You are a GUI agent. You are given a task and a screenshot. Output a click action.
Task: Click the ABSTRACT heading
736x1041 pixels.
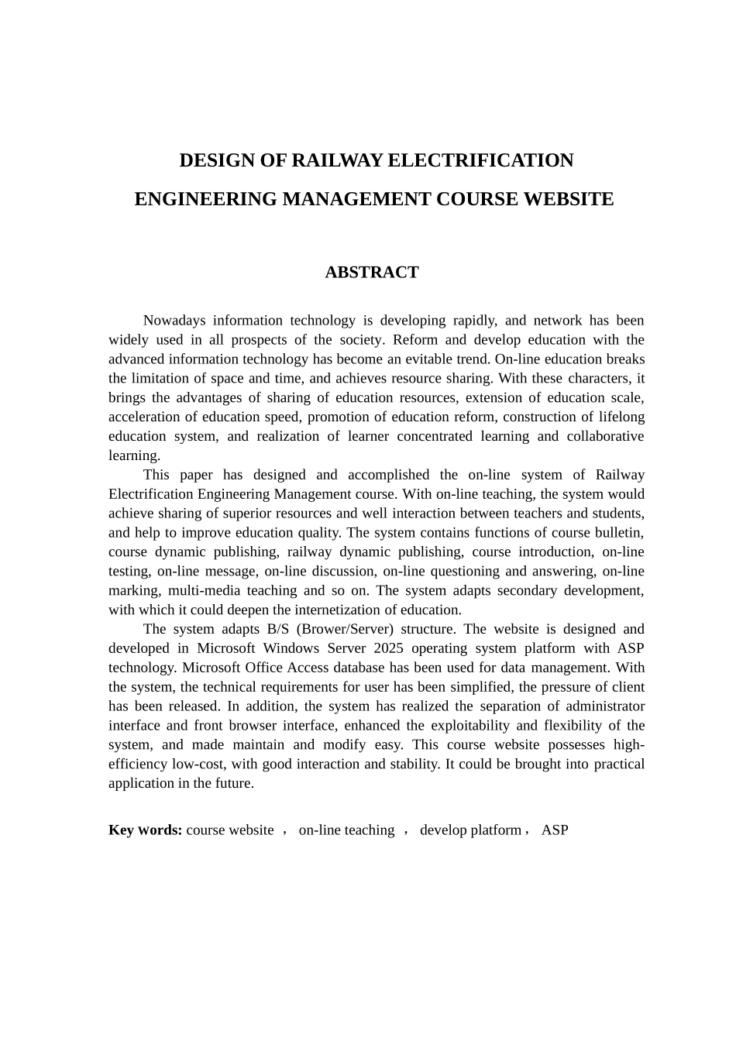(372, 273)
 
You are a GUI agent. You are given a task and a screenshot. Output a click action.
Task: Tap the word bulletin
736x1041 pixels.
(619, 533)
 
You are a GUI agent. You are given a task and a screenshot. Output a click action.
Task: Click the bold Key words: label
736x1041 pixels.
(146, 830)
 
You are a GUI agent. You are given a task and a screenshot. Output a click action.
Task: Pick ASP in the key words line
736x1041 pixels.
(555, 830)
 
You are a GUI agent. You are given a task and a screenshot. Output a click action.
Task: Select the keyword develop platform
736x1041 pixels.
(470, 830)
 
